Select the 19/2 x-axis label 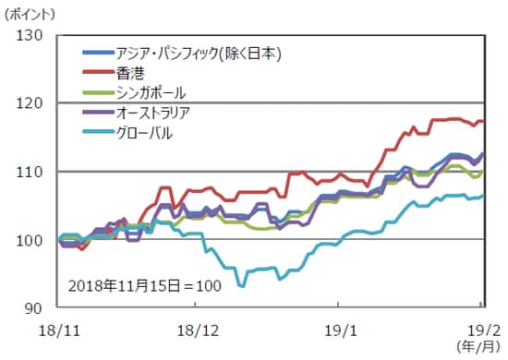480,328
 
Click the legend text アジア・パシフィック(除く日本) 194,52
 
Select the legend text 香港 131,72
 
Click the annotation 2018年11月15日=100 145,285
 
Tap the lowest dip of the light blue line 242,286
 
